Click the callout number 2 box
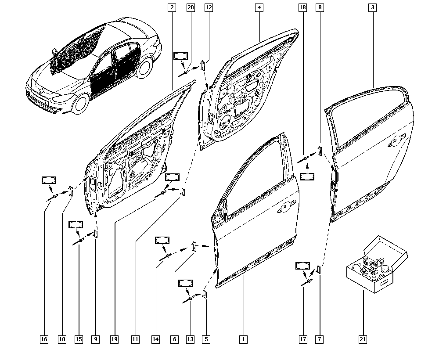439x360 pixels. [172, 7]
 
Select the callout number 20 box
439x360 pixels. [191, 7]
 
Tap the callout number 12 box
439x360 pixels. [209, 7]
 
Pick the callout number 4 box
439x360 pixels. [259, 7]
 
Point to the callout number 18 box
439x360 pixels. [302, 7]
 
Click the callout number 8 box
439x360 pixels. [320, 7]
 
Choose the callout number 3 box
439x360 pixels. [372, 7]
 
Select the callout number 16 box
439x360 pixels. [44, 339]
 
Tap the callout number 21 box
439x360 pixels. [363, 339]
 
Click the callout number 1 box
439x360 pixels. [243, 339]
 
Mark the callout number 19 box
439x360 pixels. [114, 339]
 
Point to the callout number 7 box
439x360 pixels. [319, 339]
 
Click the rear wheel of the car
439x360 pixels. [145, 67]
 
